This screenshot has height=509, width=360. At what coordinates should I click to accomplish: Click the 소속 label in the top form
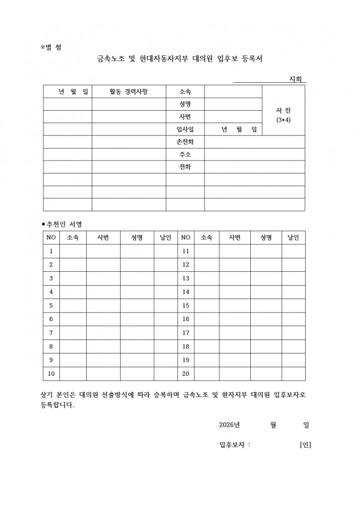(185, 91)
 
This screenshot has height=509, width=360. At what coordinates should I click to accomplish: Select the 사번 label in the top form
(185, 117)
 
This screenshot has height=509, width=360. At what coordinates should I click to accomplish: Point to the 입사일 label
(185, 130)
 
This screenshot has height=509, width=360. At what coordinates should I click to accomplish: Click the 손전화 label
(185, 142)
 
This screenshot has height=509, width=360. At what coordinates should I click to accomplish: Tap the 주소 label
(185, 155)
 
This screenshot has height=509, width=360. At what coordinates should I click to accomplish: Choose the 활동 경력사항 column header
(129, 91)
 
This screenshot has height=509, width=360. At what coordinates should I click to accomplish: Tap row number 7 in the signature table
(51, 333)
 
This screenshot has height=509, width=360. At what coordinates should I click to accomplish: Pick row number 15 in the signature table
(186, 305)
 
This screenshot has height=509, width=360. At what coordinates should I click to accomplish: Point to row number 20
(186, 373)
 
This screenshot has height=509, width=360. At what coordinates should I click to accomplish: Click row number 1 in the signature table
(51, 251)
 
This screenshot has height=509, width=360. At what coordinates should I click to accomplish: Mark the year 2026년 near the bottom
(229, 425)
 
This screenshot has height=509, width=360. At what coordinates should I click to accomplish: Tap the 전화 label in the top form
(185, 167)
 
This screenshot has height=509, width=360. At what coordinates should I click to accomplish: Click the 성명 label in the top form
(185, 104)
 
